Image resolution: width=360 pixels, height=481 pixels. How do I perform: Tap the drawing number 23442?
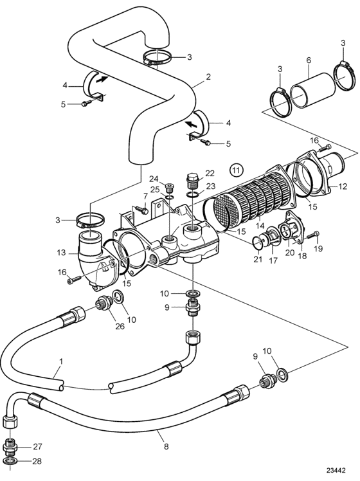336,471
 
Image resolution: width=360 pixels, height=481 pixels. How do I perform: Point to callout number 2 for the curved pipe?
208,77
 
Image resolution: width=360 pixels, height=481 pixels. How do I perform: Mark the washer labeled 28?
10,461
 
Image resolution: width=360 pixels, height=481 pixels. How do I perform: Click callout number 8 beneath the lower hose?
166,446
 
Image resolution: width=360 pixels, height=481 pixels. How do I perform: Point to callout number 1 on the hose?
60,361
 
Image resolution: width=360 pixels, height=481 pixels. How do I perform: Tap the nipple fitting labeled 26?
105,303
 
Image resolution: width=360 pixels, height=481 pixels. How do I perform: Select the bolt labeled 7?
141,210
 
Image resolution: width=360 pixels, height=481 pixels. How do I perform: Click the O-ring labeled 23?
193,194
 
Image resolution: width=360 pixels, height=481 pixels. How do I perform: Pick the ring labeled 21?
258,242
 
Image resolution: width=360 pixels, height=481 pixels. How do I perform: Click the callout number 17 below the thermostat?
273,260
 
